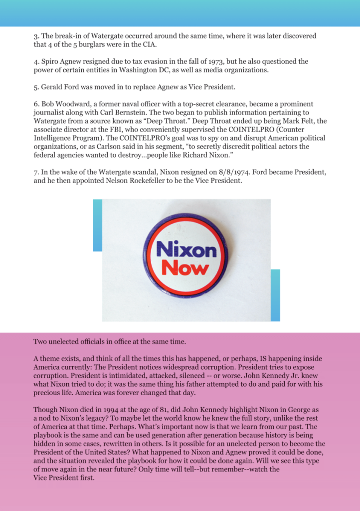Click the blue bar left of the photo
(97, 225)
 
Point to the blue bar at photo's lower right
(275, 295)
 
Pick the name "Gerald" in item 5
(52, 87)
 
